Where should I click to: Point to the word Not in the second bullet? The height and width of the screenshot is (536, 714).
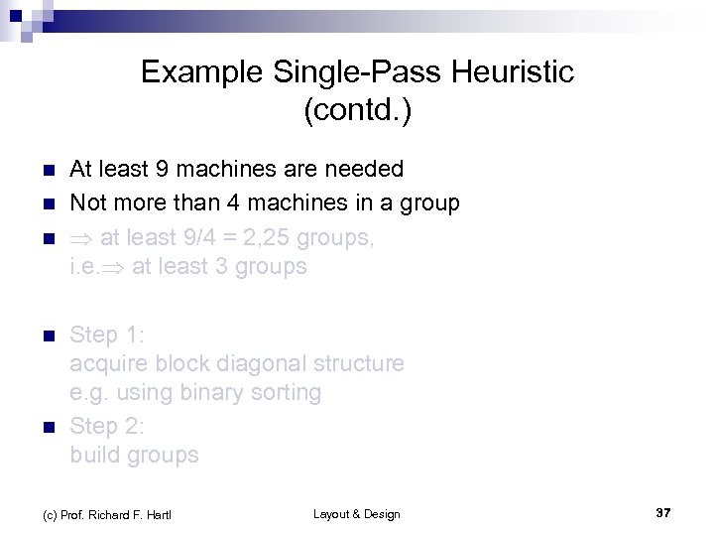(x=89, y=203)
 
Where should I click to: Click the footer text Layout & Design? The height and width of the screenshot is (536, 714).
(x=356, y=513)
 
